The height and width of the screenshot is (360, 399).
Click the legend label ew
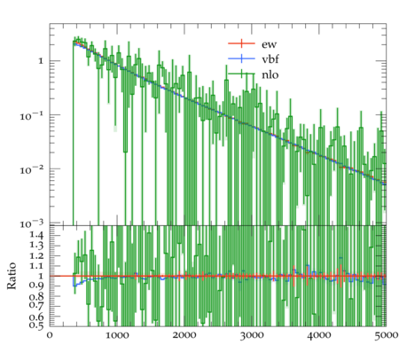(x=269, y=44)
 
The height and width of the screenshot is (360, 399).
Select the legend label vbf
(x=270, y=59)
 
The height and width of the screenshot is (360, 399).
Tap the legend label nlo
(x=270, y=74)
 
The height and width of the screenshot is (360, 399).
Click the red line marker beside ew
(x=241, y=43)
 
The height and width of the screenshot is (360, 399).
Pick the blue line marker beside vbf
(x=241, y=59)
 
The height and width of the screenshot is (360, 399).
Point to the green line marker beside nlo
(x=241, y=74)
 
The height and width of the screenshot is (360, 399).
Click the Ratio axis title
(x=12, y=276)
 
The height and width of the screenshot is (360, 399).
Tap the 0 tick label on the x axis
(x=50, y=335)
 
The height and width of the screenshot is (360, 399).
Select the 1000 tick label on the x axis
(x=117, y=335)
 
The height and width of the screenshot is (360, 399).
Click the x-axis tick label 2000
(x=184, y=335)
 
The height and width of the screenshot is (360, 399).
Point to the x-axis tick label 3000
(x=252, y=335)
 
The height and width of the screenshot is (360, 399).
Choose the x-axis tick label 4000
(x=319, y=335)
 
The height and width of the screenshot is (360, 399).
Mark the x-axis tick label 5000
(x=386, y=335)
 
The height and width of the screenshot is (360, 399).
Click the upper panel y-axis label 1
(x=41, y=61)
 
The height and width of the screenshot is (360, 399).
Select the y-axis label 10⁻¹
(x=31, y=116)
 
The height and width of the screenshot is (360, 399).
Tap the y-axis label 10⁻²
(x=31, y=169)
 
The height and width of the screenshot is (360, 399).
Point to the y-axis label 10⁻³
(x=31, y=223)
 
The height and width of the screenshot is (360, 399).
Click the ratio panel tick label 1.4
(x=36, y=235)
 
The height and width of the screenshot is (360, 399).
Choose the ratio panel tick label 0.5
(x=36, y=325)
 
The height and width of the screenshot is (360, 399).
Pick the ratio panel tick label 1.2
(x=36, y=255)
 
